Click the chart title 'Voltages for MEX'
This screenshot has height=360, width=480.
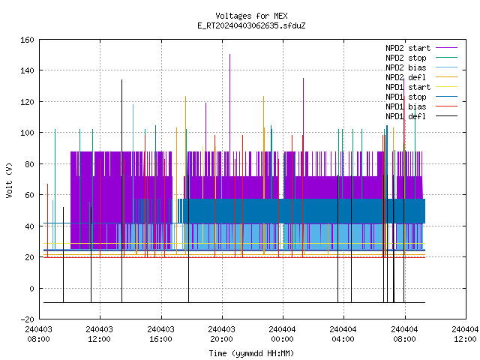pyautogui.click(x=251, y=16)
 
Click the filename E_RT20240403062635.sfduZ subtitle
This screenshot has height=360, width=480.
pyautogui.click(x=251, y=25)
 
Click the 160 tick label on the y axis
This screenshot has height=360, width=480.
pyautogui.click(x=27, y=40)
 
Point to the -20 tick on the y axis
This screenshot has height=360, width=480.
pyautogui.click(x=27, y=319)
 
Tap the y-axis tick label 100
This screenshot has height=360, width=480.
pyautogui.click(x=27, y=133)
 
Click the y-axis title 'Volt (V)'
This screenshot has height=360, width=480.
pyautogui.click(x=10, y=180)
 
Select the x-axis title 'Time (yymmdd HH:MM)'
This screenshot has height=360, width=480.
pyautogui.click(x=251, y=353)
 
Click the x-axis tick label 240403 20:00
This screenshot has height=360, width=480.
pyautogui.click(x=222, y=334)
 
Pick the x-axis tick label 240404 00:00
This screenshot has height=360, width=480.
pyautogui.click(x=282, y=334)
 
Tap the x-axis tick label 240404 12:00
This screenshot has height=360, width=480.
pyautogui.click(x=465, y=334)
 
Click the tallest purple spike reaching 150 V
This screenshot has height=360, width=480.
pyautogui.click(x=230, y=103)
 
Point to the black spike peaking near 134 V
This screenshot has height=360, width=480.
pyautogui.click(x=121, y=191)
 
